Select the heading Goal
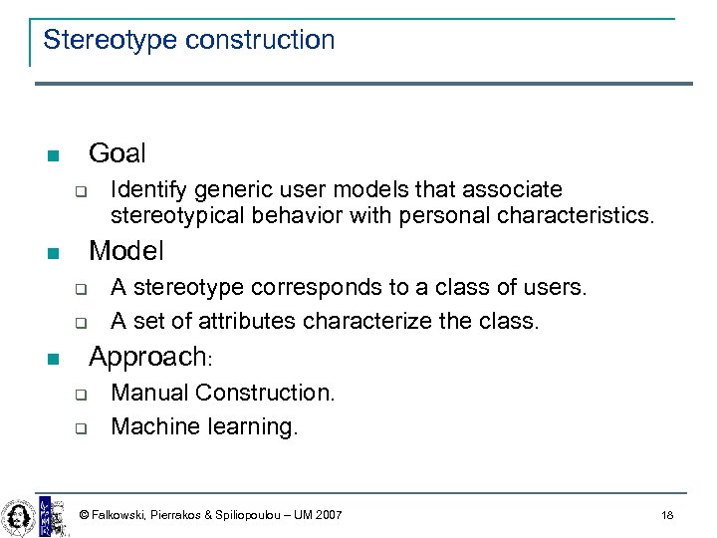point(117,153)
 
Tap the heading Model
point(126,251)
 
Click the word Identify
point(148,189)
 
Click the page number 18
point(667,515)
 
